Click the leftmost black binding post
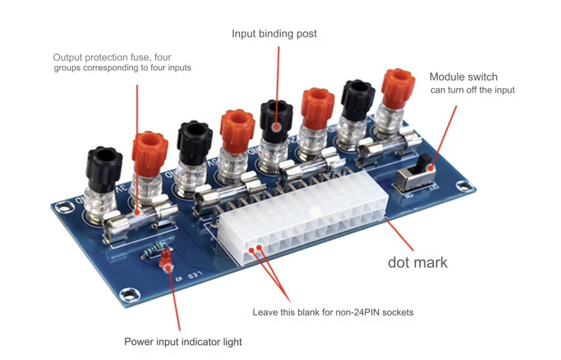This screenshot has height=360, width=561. click(x=104, y=167)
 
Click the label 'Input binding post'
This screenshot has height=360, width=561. click(x=274, y=34)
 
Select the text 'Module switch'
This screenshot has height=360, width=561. click(x=463, y=77)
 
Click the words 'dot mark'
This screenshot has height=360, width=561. click(x=417, y=262)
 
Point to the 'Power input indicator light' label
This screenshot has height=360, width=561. click(x=183, y=342)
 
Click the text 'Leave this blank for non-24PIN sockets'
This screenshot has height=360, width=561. click(x=333, y=312)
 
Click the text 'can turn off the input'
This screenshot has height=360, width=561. click(x=472, y=90)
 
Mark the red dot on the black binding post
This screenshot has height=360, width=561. click(x=277, y=125)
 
